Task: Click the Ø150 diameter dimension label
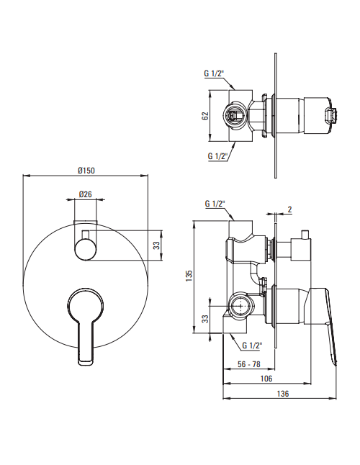(x=86, y=171)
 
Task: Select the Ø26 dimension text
(x=86, y=194)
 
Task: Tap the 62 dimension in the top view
(x=205, y=116)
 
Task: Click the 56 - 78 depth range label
(x=249, y=364)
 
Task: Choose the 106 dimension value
(x=266, y=379)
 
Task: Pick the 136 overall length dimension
(x=283, y=394)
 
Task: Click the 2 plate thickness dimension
(x=289, y=209)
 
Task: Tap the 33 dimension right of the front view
(x=156, y=245)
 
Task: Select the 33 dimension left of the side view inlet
(x=205, y=319)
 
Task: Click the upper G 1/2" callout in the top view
(x=214, y=73)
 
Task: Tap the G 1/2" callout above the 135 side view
(x=215, y=204)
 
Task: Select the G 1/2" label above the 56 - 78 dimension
(x=252, y=346)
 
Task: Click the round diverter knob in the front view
(x=86, y=250)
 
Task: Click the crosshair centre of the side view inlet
(x=240, y=306)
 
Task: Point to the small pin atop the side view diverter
(x=305, y=234)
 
